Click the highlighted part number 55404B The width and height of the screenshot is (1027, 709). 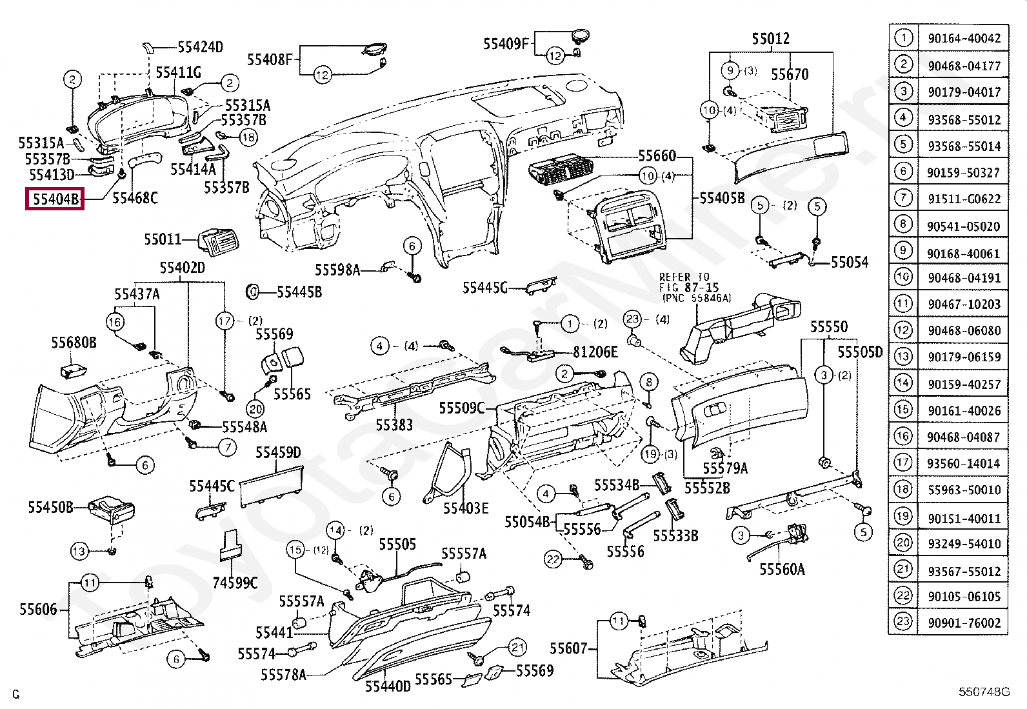point(55,199)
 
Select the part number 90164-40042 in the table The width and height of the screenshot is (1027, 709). point(964,39)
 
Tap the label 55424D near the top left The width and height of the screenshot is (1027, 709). point(200,47)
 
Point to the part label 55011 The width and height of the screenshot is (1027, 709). point(163,240)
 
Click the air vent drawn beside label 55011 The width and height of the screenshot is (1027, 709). point(217,242)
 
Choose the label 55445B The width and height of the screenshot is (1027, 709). point(299,292)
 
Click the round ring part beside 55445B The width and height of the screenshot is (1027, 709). point(252,292)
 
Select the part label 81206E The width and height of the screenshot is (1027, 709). point(595,352)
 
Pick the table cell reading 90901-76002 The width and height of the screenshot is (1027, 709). point(964,623)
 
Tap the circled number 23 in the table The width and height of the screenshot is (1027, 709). point(903,622)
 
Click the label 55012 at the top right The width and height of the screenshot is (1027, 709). point(770,39)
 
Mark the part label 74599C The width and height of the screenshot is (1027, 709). point(235,583)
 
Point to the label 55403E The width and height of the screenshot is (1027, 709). point(466,508)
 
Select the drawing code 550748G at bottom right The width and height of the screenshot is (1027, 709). point(983,692)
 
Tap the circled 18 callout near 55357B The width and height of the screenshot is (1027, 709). point(248,137)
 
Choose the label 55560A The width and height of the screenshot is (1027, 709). point(782,569)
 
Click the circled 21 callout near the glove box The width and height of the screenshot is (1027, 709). point(517,647)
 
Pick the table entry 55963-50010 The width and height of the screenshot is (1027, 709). point(964,490)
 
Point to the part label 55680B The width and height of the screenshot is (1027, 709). point(74,343)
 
